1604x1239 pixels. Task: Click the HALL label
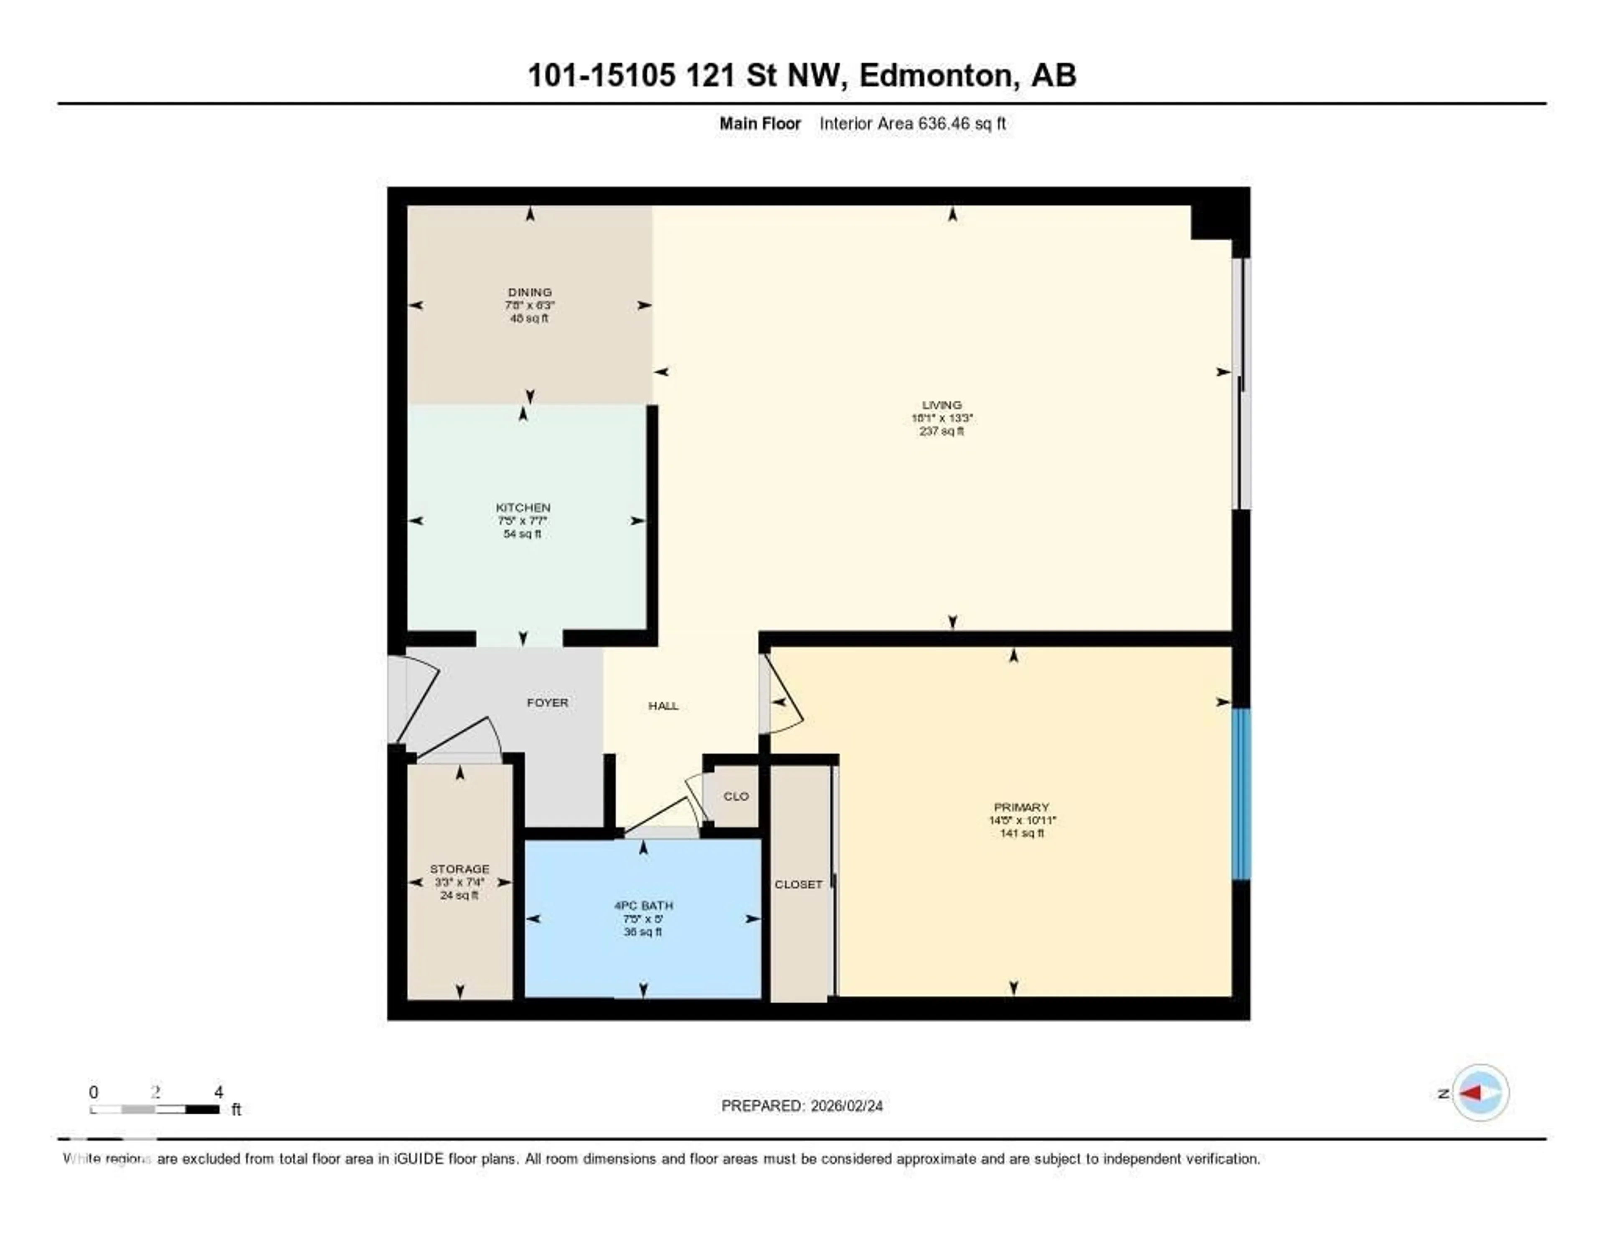pos(663,706)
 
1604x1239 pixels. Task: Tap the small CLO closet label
pos(736,796)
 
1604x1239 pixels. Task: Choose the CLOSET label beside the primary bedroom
pos(798,884)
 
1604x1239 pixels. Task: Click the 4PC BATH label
pos(643,906)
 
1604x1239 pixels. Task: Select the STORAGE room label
pos(460,869)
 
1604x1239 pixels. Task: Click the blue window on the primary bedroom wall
pos(1241,793)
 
